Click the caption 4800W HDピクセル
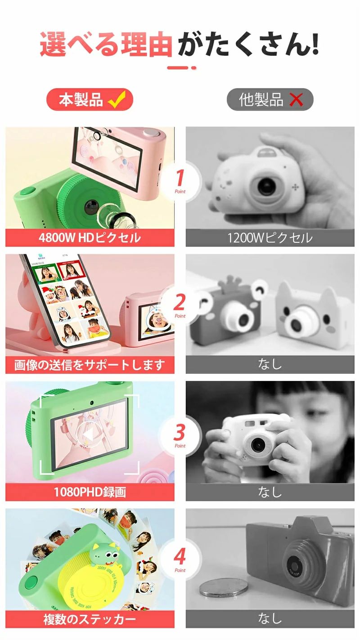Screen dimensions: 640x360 point(90,237)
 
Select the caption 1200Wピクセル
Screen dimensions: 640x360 point(270,237)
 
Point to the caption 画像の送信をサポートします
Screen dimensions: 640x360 point(90,365)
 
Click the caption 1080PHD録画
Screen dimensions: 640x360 point(90,492)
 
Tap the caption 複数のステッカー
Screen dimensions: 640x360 point(90,620)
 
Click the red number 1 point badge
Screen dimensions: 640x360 point(180,180)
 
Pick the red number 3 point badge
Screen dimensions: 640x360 point(180,434)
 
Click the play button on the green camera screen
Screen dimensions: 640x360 point(89,434)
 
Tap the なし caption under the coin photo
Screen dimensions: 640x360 point(270,620)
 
